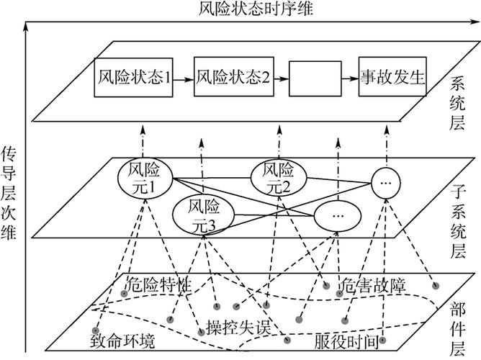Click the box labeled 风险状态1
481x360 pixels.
pyautogui.click(x=133, y=78)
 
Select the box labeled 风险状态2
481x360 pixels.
pyautogui.click(x=232, y=78)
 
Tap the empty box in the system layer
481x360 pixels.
pyautogui.click(x=314, y=78)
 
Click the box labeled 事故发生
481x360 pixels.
pyautogui.click(x=392, y=78)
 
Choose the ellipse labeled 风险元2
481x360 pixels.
pyautogui.click(x=277, y=178)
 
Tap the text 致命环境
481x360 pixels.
pyautogui.click(x=122, y=339)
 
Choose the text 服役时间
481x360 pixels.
pyautogui.click(x=347, y=339)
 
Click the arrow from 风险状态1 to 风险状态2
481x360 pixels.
pyautogui.click(x=184, y=78)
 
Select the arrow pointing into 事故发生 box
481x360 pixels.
pyautogui.click(x=351, y=78)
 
